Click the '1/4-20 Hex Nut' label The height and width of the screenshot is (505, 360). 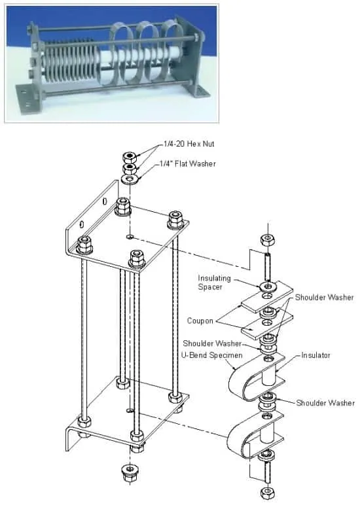click(189, 144)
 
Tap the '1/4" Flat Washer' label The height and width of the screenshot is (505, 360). click(188, 164)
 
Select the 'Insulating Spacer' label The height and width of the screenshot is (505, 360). click(214, 283)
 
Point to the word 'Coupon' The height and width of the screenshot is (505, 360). click(200, 321)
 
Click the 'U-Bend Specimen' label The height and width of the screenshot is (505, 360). click(212, 355)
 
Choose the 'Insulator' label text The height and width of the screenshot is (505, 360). click(316, 355)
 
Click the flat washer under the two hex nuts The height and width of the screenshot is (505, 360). click(130, 179)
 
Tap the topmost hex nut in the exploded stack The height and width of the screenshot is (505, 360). click(130, 157)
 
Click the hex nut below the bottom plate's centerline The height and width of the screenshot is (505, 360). click(130, 471)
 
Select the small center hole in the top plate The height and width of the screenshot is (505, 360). click(130, 237)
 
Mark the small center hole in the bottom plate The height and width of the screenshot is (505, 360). click(130, 410)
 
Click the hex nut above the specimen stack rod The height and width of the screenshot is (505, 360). click(267, 239)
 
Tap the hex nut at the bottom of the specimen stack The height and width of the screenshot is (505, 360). click(267, 493)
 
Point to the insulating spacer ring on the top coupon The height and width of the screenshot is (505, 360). click(267, 286)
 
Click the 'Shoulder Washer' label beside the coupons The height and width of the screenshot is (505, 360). click(325, 297)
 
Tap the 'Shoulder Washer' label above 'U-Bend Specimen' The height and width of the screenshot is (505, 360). click(212, 343)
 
